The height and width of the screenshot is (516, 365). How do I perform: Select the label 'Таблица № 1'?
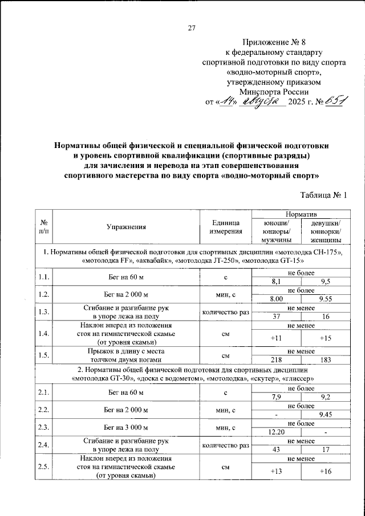(x=323, y=195)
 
